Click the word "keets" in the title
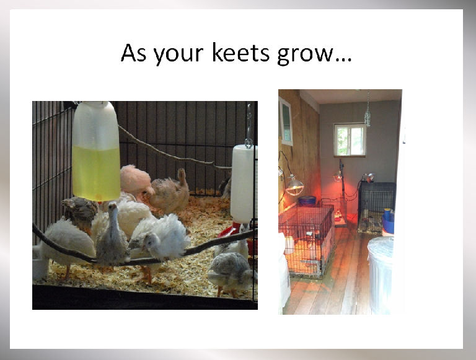click(240, 53)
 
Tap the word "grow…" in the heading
click(314, 55)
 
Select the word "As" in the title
click(133, 53)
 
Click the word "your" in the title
click(178, 55)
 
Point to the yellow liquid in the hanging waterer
click(96, 173)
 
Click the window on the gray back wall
click(350, 140)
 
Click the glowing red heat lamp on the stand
click(338, 177)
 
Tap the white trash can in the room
click(381, 274)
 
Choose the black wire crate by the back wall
click(376, 207)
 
